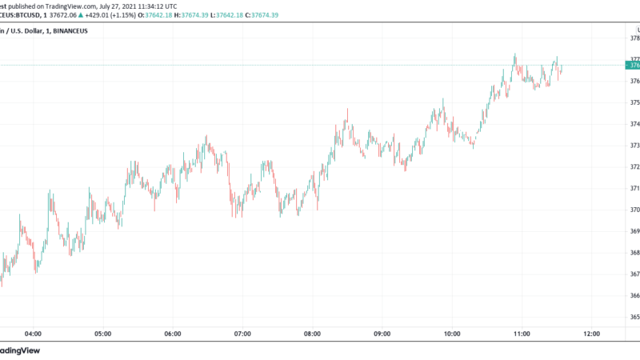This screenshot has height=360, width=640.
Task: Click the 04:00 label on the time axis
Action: [34, 334]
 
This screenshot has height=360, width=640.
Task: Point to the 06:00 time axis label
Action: [173, 334]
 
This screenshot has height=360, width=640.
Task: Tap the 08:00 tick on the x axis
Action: [313, 334]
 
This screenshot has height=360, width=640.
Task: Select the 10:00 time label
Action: [452, 334]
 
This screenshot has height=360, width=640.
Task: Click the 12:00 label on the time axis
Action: [591, 334]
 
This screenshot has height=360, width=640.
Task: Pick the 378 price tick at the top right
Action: [634, 38]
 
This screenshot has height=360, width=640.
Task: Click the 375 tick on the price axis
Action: [634, 102]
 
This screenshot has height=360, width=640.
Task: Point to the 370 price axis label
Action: [634, 210]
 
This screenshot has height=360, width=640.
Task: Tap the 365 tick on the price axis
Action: [634, 318]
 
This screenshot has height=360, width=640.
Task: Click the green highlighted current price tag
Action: [633, 65]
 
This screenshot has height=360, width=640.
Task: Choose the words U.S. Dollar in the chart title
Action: [29, 31]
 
